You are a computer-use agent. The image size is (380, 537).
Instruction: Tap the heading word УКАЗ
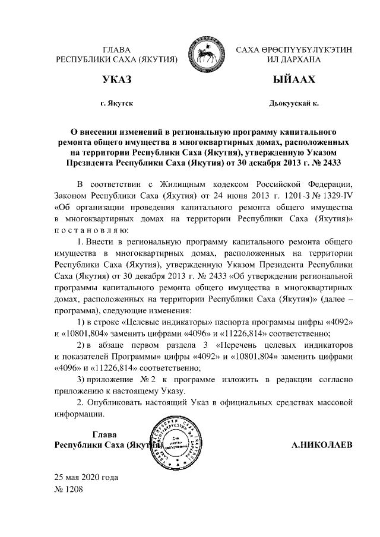point(116,80)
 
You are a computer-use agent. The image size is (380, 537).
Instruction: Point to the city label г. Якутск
point(116,103)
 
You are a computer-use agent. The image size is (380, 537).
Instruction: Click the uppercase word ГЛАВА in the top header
point(116,50)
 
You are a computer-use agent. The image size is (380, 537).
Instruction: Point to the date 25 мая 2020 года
point(87,478)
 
